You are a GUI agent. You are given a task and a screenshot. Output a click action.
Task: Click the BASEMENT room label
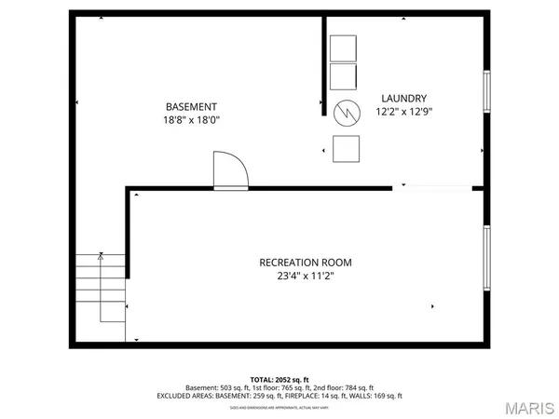pyautogui.click(x=192, y=106)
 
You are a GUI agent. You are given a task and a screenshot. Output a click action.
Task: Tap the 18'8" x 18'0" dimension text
pyautogui.click(x=192, y=120)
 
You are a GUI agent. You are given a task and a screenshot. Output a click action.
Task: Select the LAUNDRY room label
pyautogui.click(x=403, y=99)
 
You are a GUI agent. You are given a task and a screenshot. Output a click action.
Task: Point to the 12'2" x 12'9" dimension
pyautogui.click(x=403, y=112)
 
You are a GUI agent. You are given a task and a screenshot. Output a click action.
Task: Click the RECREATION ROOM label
pyautogui.click(x=306, y=263)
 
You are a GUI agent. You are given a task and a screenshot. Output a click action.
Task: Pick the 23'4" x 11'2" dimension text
pyautogui.click(x=306, y=276)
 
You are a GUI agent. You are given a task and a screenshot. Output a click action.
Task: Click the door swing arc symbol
pyautogui.click(x=230, y=171)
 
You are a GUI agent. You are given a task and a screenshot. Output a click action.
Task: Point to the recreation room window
pyautogui.click(x=485, y=256)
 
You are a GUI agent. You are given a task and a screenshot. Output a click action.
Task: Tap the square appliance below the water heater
pyautogui.click(x=347, y=148)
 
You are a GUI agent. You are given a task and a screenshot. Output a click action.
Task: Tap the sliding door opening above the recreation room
pyautogui.click(x=432, y=188)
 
